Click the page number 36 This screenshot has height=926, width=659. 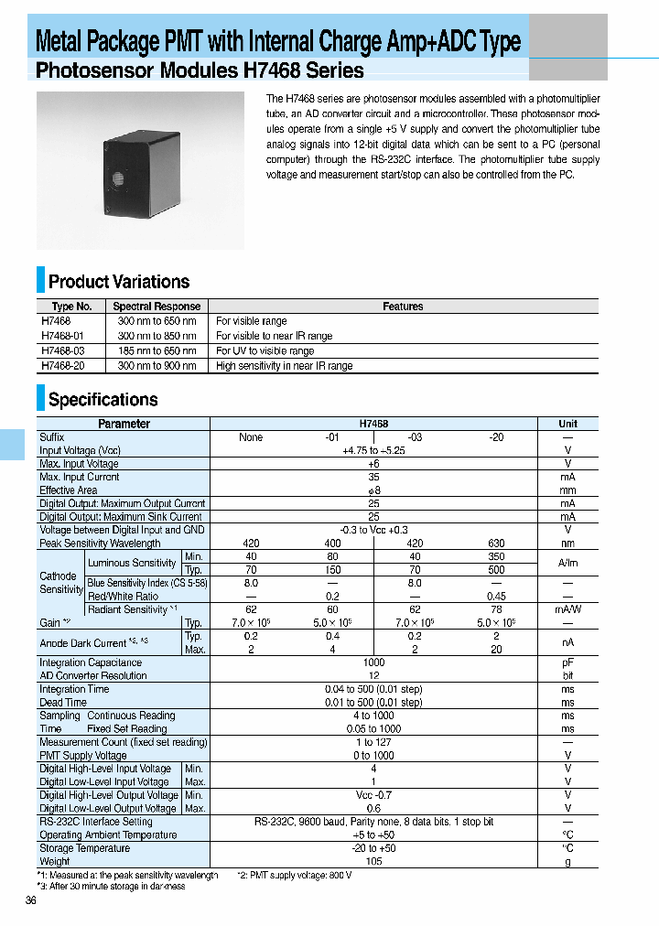(x=31, y=901)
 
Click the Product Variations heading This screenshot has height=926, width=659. (x=119, y=282)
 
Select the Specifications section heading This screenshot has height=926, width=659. (x=103, y=400)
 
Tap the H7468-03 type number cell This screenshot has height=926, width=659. (x=62, y=350)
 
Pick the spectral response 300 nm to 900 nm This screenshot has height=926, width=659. (x=157, y=366)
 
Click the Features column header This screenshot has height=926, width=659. (x=403, y=307)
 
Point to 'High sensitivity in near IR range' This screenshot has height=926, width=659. (x=284, y=366)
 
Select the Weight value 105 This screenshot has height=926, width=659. (x=373, y=861)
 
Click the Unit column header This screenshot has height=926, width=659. (x=567, y=424)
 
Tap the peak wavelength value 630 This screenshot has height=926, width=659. (x=496, y=543)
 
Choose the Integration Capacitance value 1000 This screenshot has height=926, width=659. (x=373, y=662)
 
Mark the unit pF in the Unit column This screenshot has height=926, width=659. (x=567, y=662)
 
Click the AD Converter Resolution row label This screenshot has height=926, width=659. (x=93, y=675)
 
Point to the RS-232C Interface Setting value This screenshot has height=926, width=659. (x=373, y=822)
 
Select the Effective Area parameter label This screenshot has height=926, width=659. (x=69, y=490)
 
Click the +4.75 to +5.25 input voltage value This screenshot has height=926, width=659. (x=373, y=450)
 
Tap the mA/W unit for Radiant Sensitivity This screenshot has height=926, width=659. (x=567, y=609)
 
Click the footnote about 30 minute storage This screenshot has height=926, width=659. (x=111, y=886)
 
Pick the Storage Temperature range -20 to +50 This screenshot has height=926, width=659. (x=373, y=848)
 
